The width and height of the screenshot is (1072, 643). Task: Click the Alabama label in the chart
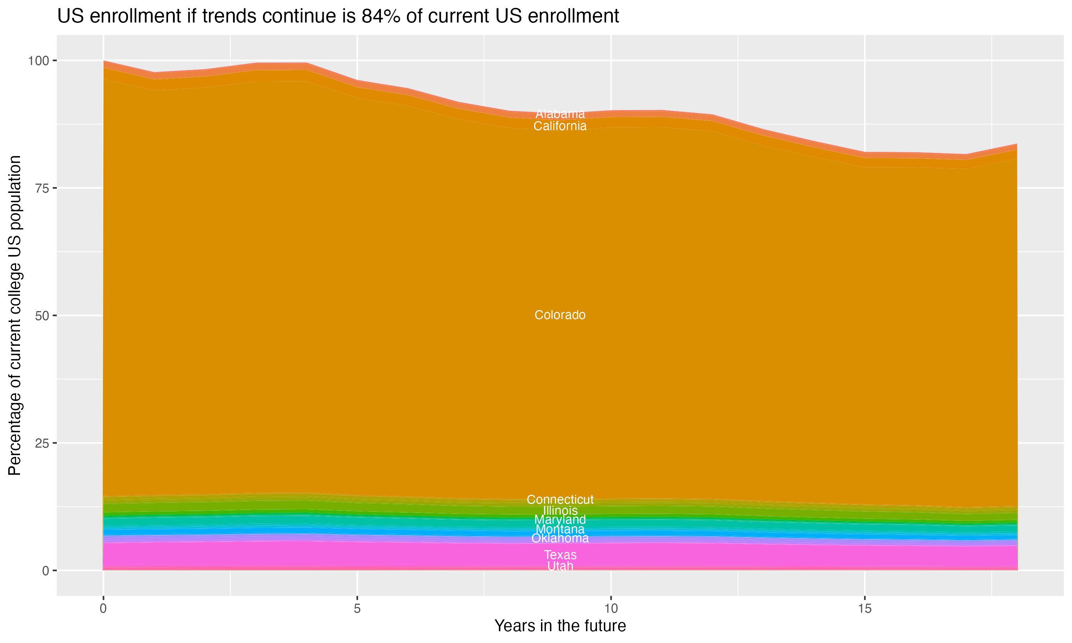click(x=560, y=114)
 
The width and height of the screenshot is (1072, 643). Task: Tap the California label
click(x=560, y=126)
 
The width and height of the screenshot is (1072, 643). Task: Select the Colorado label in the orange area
click(x=560, y=315)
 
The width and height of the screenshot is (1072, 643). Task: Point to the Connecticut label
click(x=560, y=500)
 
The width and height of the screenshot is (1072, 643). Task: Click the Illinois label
click(x=560, y=510)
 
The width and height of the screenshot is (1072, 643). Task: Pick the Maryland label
click(x=560, y=519)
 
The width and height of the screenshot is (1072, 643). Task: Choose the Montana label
click(x=560, y=529)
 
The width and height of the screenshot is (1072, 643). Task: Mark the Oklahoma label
click(x=560, y=538)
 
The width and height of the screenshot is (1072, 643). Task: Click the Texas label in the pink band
click(x=560, y=555)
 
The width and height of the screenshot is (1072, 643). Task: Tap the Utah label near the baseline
click(x=560, y=566)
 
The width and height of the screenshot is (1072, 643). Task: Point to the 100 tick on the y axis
click(x=38, y=61)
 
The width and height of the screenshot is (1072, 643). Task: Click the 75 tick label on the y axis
click(x=42, y=188)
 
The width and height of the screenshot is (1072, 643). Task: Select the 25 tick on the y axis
click(x=42, y=443)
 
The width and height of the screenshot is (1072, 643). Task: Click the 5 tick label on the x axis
click(x=357, y=609)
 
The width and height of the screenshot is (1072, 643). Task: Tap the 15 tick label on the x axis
click(x=864, y=609)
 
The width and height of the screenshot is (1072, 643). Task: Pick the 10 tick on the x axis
click(x=611, y=609)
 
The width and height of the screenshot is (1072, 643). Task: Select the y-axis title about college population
click(x=15, y=315)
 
